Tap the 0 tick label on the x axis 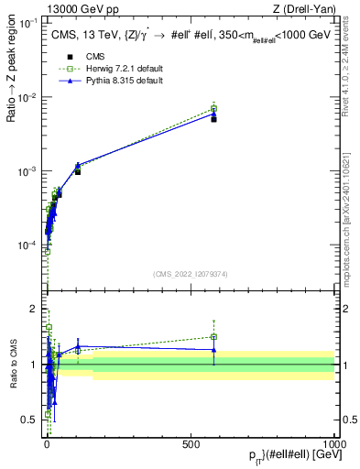pos(47,442)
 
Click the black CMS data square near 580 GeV pos(213,119)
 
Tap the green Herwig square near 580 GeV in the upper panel pos(213,108)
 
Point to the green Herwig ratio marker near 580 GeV pos(213,337)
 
